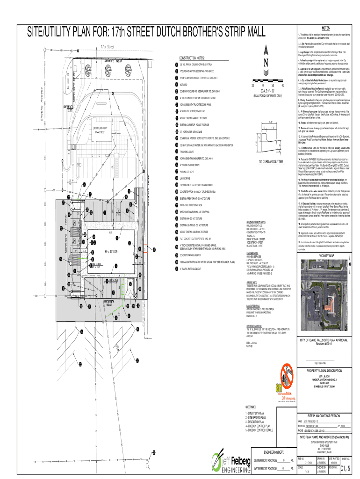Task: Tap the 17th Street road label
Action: pyautogui.click(x=107, y=47)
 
